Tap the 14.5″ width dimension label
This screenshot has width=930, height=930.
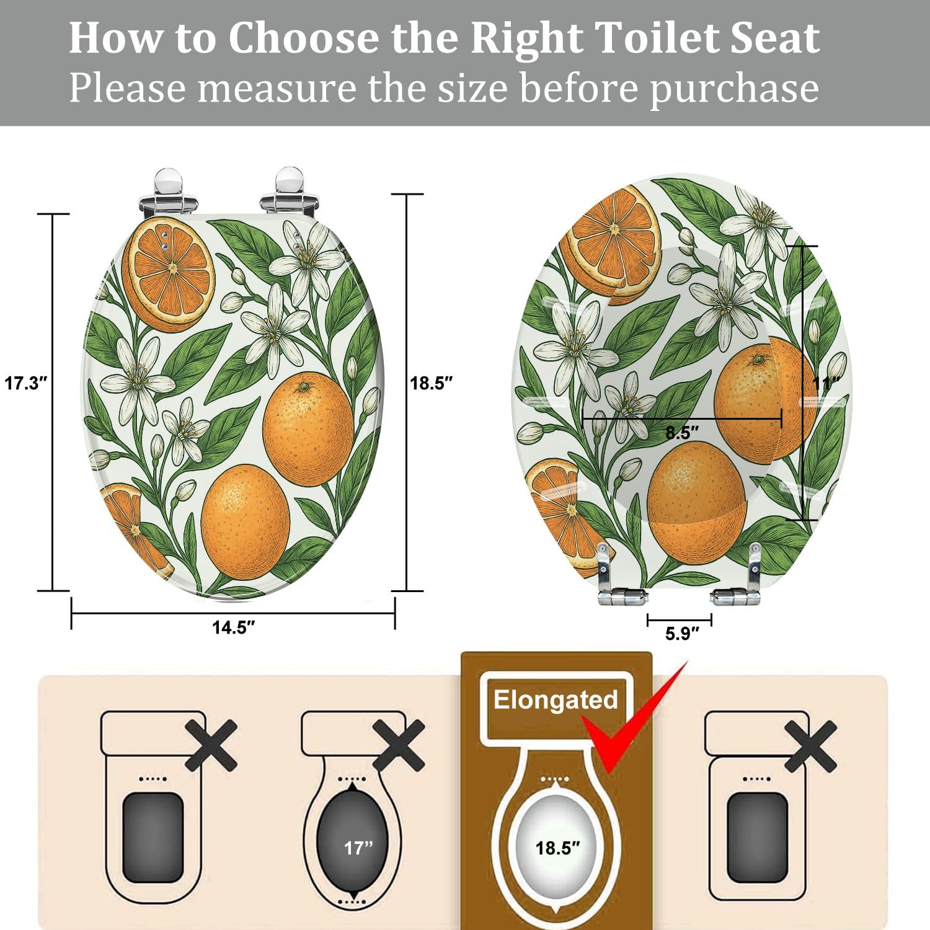tap(233, 627)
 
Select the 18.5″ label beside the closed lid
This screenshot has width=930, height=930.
tap(431, 383)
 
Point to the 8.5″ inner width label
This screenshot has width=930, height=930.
tap(682, 433)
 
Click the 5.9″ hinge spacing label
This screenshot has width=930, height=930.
tap(682, 634)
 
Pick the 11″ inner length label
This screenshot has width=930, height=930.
tap(826, 384)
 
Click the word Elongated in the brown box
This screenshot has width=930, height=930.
tap(556, 700)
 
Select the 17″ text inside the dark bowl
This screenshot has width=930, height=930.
tap(358, 848)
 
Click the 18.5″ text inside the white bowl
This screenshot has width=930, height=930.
tap(557, 848)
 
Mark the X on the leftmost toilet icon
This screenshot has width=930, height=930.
tap(211, 745)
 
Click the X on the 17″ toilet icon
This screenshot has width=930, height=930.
tap(399, 745)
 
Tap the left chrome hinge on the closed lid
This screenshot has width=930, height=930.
tap(167, 192)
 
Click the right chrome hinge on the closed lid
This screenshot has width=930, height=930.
tap(290, 192)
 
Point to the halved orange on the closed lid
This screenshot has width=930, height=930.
tap(169, 273)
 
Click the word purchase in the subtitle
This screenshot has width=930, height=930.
tap(734, 88)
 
